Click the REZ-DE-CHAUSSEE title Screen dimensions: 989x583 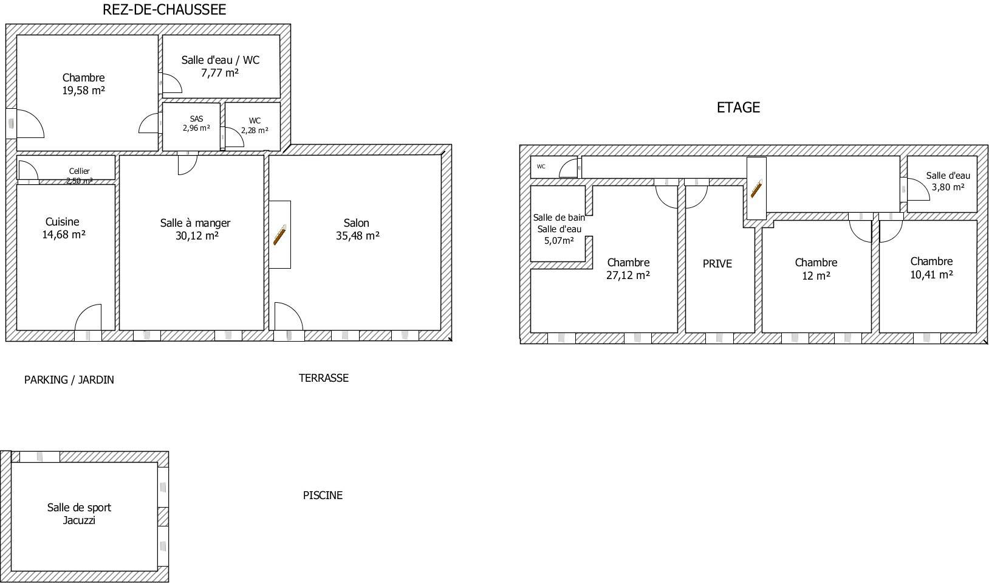pyautogui.click(x=164, y=10)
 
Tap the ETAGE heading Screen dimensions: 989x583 pyautogui.click(x=738, y=108)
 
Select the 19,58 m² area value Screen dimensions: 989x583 pyautogui.click(x=83, y=91)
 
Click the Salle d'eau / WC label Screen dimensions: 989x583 pyautogui.click(x=221, y=60)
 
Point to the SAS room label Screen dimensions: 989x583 pyautogui.click(x=196, y=119)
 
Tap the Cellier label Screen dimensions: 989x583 pyautogui.click(x=80, y=171)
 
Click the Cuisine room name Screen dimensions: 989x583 pyautogui.click(x=62, y=222)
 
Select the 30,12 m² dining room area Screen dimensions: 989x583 pyautogui.click(x=197, y=236)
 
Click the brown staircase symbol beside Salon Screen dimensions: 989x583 pyautogui.click(x=279, y=235)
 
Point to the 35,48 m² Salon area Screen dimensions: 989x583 pyautogui.click(x=358, y=236)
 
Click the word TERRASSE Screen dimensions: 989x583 pyautogui.click(x=324, y=378)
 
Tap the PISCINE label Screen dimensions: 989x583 pyautogui.click(x=323, y=495)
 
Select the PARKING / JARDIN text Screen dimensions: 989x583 pyautogui.click(x=69, y=380)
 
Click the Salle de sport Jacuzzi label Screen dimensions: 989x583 pyautogui.click(x=79, y=514)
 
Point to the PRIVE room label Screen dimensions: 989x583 pyautogui.click(x=717, y=264)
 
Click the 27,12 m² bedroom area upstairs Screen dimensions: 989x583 pyautogui.click(x=628, y=275)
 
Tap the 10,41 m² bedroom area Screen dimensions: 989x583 pyautogui.click(x=932, y=275)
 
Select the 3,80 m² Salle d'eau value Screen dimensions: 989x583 pyautogui.click(x=948, y=187)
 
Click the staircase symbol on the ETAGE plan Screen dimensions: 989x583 pyautogui.click(x=756, y=188)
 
